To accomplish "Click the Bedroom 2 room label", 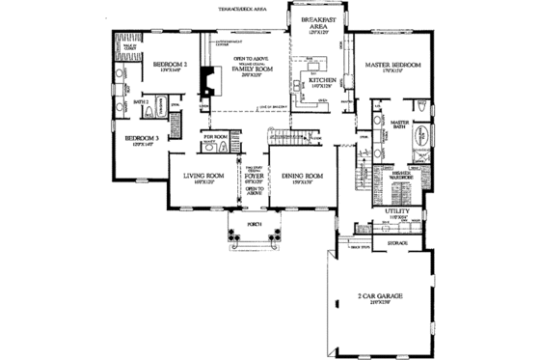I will click(169, 66).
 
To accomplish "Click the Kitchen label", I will click(323, 82).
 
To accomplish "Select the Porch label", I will click(255, 222).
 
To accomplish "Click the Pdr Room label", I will click(214, 138).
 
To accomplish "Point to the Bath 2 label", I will click(139, 100).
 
